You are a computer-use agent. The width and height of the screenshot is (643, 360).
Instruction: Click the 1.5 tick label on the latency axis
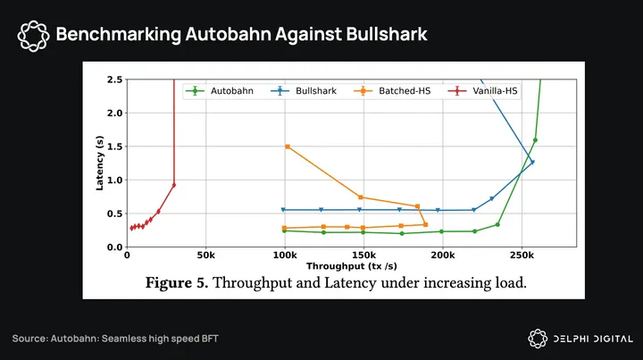coord(114,147)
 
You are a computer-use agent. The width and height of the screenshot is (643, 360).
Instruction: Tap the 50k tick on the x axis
coord(205,255)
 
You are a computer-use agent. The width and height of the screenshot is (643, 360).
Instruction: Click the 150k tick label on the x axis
coord(363,255)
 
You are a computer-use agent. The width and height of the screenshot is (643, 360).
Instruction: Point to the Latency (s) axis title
coord(100,163)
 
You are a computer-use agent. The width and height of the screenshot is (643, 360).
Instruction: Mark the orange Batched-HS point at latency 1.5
coord(287,147)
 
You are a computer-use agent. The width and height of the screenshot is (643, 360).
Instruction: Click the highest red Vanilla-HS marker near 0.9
coord(173,185)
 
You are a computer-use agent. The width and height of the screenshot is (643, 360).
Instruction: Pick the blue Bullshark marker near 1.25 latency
coord(532,162)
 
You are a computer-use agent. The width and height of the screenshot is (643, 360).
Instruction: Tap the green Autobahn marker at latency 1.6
coord(535,140)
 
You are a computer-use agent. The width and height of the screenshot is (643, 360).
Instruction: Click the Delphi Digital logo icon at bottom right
coord(538,338)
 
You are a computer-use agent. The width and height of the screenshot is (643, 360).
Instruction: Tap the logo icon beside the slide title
coord(33,35)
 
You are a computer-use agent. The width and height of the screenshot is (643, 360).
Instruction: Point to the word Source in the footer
coord(30,339)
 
